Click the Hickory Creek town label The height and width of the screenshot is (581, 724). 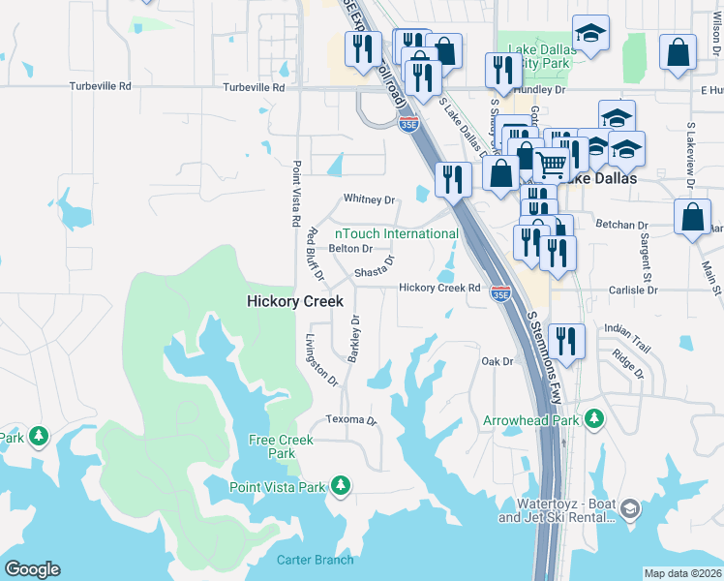click(295, 301)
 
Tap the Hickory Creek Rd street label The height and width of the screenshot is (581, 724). click(440, 288)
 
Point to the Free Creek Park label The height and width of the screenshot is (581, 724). click(282, 446)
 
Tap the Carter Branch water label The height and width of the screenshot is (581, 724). click(315, 560)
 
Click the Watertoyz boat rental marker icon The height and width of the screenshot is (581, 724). click(630, 508)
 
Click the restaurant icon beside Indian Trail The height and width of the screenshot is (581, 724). click(566, 341)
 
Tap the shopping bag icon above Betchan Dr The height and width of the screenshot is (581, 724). click(692, 218)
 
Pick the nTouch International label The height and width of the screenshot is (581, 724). click(397, 233)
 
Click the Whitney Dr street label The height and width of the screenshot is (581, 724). click(370, 199)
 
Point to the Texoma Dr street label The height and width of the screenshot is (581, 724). click(350, 419)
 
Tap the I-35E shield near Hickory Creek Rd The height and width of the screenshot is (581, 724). click(500, 292)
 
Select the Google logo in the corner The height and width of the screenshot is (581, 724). click(32, 569)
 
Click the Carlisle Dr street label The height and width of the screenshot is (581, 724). click(633, 290)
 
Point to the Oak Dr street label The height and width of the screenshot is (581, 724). click(497, 361)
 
